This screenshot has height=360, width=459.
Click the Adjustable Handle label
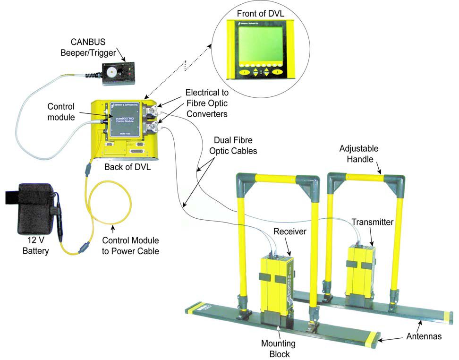(x=359, y=154)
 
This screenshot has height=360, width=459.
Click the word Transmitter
(x=373, y=221)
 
